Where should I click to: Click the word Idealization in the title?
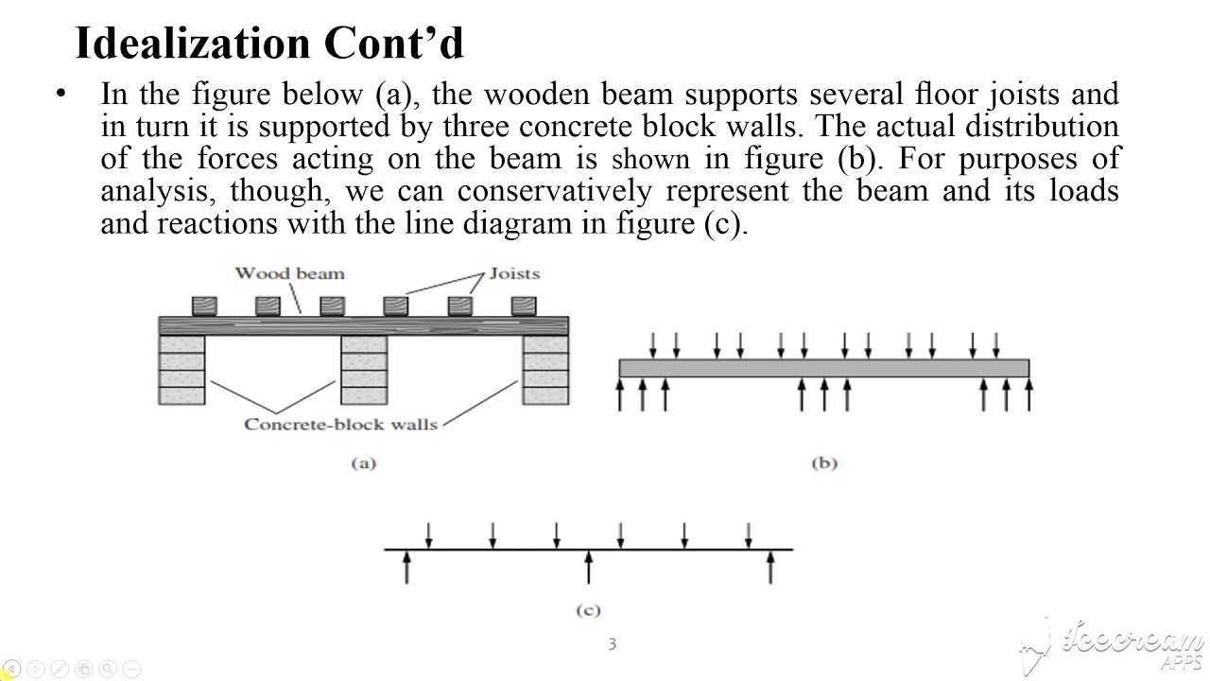[x=193, y=43]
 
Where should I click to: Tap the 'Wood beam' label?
[x=289, y=273]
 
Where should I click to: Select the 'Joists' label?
[x=514, y=273]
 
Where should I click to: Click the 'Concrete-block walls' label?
[x=340, y=425]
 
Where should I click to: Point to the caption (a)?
[x=364, y=463]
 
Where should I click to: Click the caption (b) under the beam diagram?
[x=824, y=463]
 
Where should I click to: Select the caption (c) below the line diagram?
[x=588, y=610]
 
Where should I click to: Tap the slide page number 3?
[x=612, y=644]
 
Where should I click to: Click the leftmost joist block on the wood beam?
[x=205, y=306]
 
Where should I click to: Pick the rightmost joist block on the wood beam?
[x=524, y=306]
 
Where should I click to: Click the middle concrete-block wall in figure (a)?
[x=364, y=370]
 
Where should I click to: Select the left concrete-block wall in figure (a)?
[x=181, y=370]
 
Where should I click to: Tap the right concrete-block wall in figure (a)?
[x=545, y=370]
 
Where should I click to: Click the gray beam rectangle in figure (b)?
[x=824, y=368]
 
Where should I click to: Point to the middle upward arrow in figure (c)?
[x=589, y=567]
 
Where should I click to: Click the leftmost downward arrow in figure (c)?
[x=429, y=535]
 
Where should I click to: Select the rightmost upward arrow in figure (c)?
[x=770, y=567]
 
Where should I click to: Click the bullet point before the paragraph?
[x=60, y=94]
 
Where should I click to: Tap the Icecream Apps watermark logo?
[x=1113, y=646]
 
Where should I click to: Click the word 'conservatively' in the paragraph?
[x=555, y=191]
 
